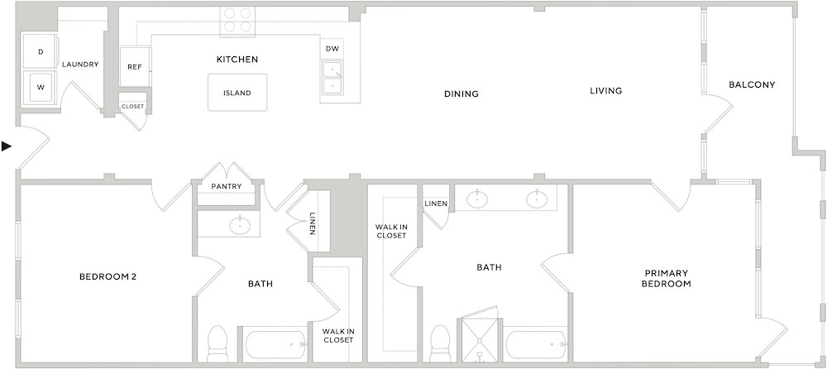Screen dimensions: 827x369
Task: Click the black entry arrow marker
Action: click(7, 146)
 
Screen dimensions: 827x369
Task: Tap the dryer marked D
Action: click(41, 51)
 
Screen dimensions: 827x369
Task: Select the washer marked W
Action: click(41, 88)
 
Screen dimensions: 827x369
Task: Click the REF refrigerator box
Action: click(135, 67)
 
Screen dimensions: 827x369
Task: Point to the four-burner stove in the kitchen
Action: click(237, 22)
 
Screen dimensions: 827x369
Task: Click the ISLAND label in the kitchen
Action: click(237, 93)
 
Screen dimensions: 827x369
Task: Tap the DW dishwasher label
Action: click(332, 49)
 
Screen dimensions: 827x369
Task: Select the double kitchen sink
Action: click(332, 77)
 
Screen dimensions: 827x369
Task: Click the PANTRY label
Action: click(227, 186)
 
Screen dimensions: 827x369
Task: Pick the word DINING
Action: click(461, 94)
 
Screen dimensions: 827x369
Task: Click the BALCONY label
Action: click(752, 84)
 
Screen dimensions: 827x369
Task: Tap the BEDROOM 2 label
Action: click(108, 276)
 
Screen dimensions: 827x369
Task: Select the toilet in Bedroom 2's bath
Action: click(217, 344)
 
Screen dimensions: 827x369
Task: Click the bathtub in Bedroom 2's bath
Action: click(276, 345)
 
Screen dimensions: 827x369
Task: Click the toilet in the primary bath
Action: click(441, 343)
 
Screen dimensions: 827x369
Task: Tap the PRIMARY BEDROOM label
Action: click(667, 278)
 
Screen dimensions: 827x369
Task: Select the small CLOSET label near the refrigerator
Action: click(133, 106)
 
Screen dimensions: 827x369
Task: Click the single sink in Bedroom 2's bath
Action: click(240, 225)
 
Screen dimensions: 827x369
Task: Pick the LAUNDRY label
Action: click(80, 65)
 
